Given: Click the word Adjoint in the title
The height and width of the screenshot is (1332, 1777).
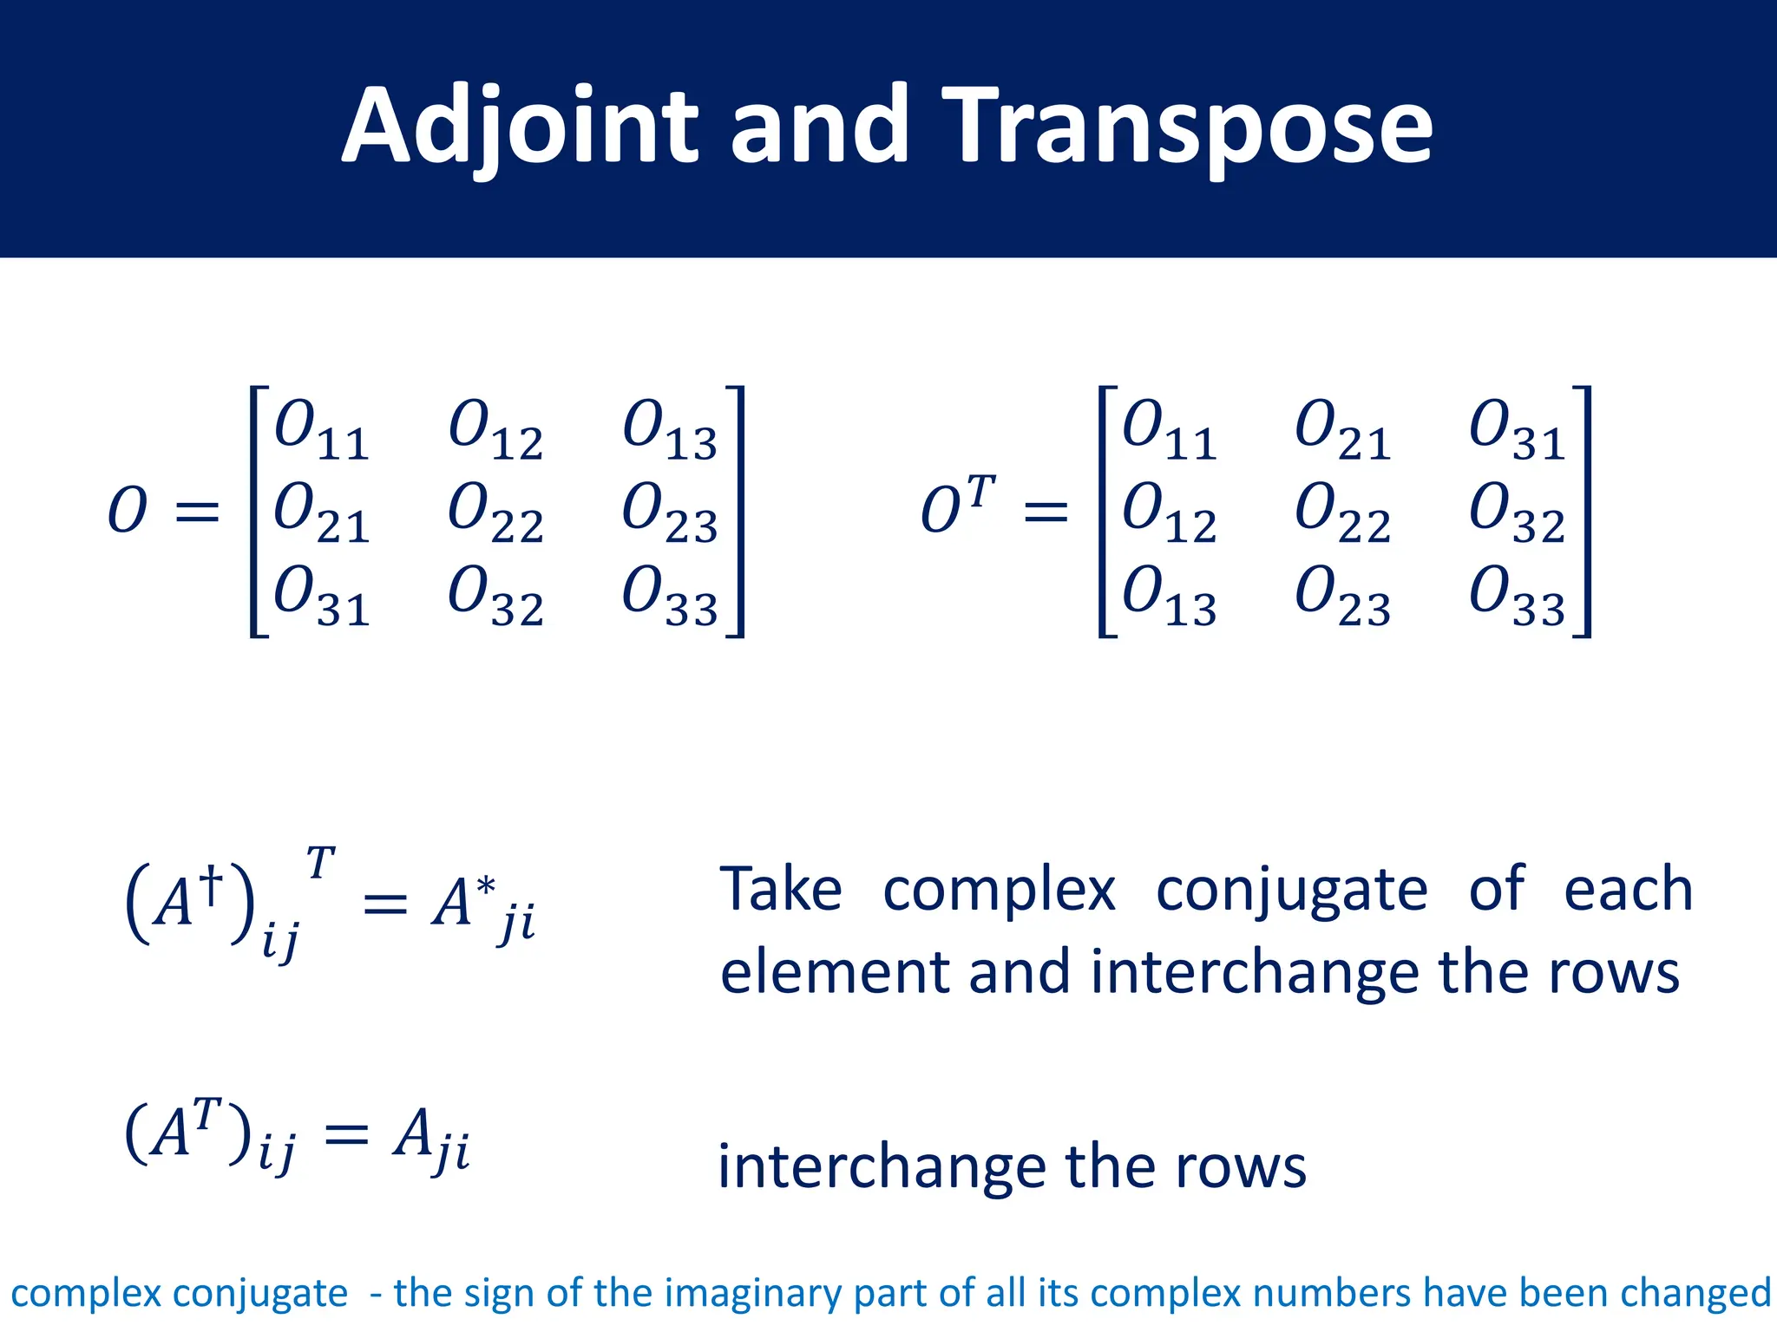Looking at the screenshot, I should [520, 127].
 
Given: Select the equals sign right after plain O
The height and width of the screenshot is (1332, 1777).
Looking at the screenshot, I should [197, 512].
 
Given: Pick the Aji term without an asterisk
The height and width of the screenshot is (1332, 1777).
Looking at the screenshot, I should [430, 1138].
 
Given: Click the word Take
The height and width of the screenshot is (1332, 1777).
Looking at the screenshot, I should [781, 890].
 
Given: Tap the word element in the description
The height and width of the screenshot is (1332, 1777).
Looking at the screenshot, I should [834, 972].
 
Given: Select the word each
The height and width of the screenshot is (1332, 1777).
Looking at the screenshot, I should [1628, 890].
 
